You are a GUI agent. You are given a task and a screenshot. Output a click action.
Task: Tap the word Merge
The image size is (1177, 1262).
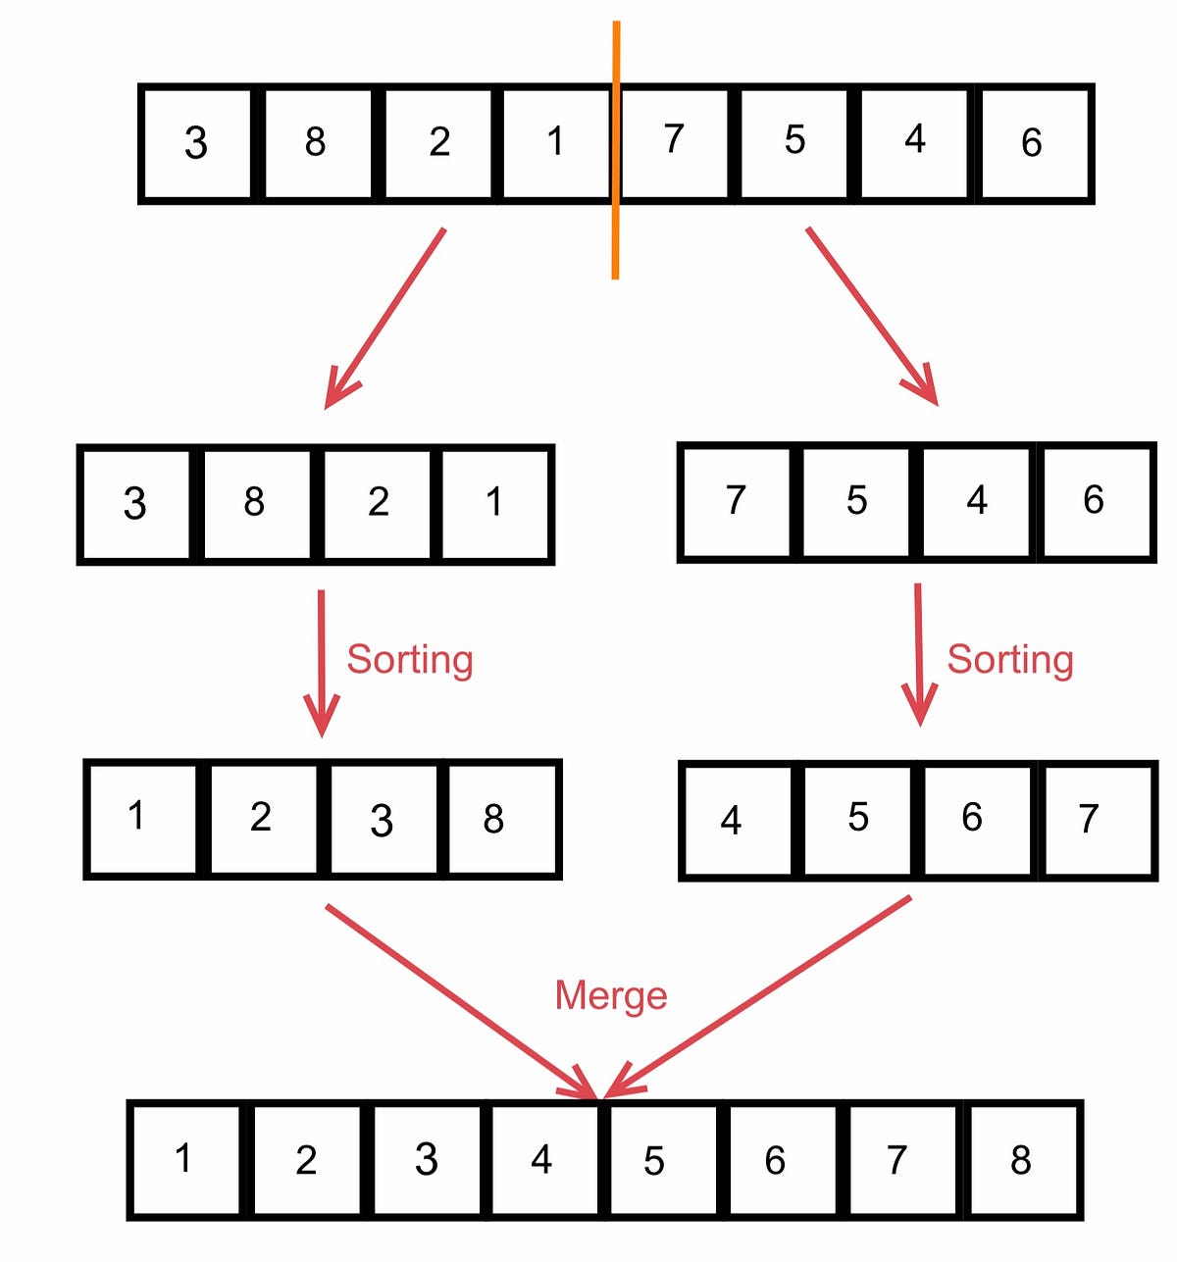point(611,995)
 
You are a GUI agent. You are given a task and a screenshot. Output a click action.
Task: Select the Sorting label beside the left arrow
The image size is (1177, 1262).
point(410,660)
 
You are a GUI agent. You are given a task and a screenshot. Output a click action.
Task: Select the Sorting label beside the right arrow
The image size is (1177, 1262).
point(1009,660)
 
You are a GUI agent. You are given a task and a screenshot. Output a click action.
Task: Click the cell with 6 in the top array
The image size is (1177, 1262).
point(1034,143)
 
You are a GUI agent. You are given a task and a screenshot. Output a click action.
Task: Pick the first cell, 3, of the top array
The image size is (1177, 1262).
point(196,143)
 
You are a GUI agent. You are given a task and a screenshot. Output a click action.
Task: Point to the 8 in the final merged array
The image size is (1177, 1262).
point(1022,1160)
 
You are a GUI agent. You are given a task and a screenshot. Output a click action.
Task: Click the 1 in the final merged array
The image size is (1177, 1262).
point(184,1160)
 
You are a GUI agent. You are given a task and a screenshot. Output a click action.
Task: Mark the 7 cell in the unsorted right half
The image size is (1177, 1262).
point(736,502)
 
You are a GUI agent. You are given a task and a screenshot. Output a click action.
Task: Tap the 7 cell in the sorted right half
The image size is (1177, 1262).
point(1092,820)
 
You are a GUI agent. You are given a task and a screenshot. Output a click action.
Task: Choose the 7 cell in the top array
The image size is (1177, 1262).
point(674,143)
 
